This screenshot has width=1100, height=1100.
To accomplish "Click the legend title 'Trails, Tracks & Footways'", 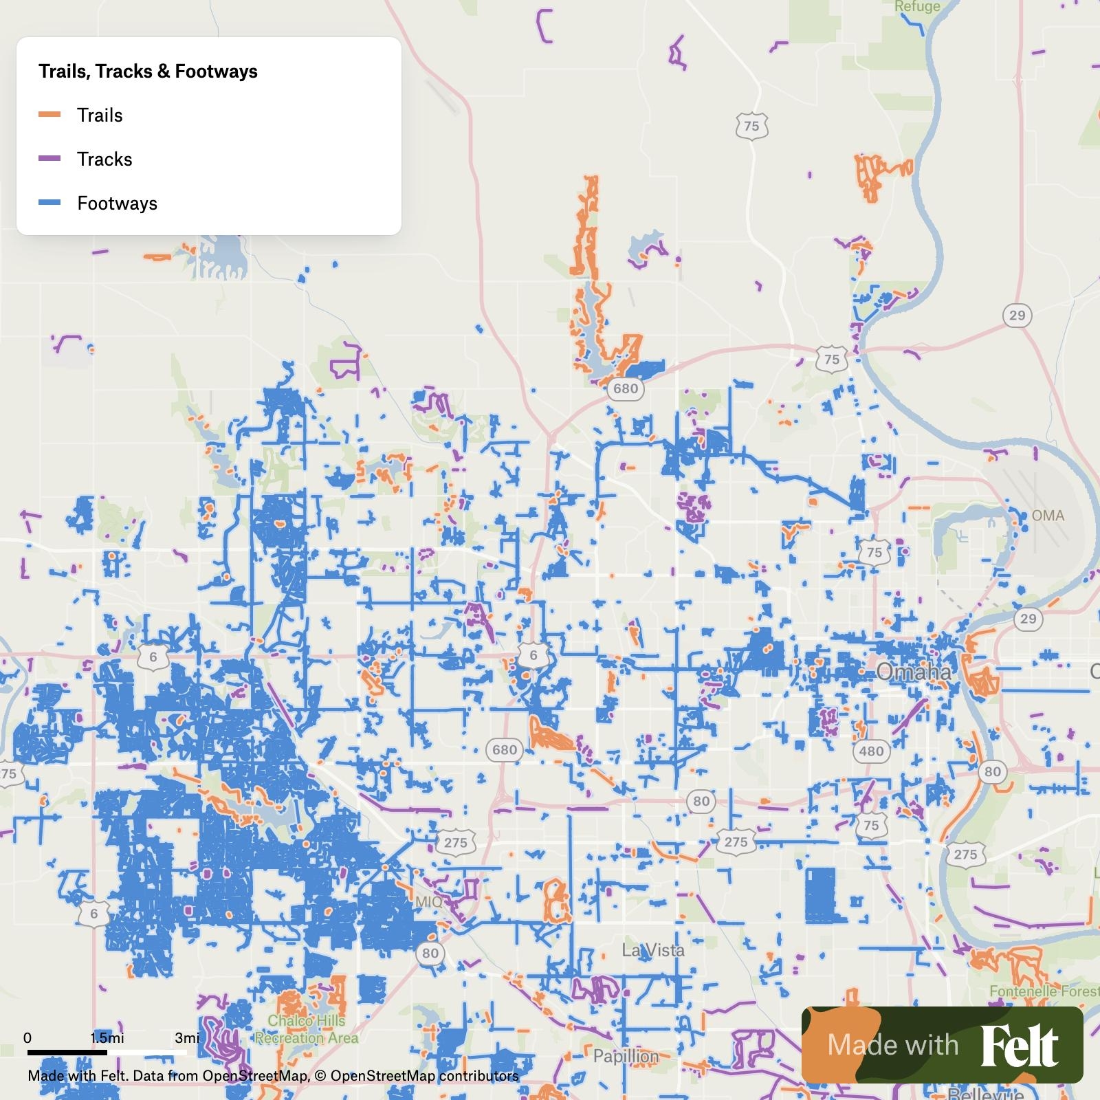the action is coord(148,71).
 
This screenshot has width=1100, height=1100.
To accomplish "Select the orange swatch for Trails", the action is coord(49,115).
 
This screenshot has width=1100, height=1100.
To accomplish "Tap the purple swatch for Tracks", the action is coord(49,159).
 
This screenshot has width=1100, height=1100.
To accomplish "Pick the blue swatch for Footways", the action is coord(49,203).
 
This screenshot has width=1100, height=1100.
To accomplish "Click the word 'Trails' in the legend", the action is coord(100,115).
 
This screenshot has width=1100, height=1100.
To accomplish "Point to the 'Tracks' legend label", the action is coord(104,159).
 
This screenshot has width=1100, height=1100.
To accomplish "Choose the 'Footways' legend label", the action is coord(117,203).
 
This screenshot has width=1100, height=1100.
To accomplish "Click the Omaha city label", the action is coord(914,672).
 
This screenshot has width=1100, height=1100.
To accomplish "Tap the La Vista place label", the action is coord(652,950).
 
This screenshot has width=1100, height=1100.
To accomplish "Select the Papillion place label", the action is coord(626,1055).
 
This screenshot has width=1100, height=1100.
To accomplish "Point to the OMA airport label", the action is coord(1047,515).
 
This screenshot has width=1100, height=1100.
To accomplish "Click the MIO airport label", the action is coord(429,901).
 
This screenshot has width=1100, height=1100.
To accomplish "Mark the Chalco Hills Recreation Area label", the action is coord(307,1029).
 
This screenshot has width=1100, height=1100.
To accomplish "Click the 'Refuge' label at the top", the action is coord(917,7).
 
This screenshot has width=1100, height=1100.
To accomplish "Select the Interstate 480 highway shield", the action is coord(871,751).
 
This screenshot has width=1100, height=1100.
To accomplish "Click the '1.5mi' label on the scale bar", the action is coord(107,1037).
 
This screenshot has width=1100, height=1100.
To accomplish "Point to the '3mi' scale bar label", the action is coord(187,1037).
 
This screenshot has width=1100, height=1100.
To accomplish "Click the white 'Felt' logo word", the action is coord(1019,1046).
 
